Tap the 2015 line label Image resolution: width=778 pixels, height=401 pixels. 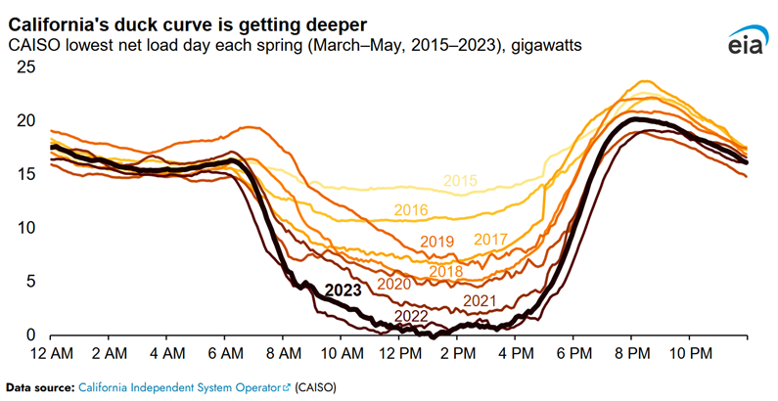(x=459, y=181)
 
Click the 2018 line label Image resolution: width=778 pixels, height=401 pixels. (x=445, y=271)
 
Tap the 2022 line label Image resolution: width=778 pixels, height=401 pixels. (x=412, y=315)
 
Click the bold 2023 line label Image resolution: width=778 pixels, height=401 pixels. (x=343, y=290)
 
